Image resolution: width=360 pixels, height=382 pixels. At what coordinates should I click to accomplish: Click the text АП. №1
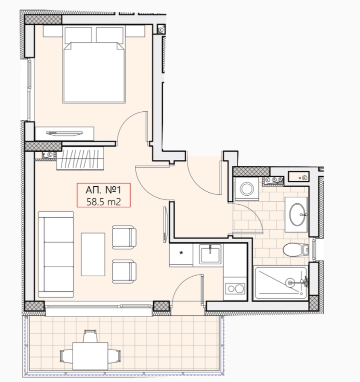[103, 190]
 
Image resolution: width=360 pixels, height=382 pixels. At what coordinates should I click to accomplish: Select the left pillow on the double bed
[78, 34]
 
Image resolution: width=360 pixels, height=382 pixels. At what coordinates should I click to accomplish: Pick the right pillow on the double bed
[109, 34]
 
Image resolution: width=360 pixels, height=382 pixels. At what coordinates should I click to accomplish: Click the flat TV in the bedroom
[64, 133]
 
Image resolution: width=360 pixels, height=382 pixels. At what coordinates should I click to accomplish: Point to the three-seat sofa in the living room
[56, 254]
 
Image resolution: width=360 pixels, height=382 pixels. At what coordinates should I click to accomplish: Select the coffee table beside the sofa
[93, 255]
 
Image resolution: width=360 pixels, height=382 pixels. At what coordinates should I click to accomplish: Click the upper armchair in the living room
[124, 237]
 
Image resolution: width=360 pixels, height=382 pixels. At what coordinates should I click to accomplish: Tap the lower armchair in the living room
[124, 272]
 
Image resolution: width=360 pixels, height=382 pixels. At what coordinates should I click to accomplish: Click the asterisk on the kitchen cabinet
[181, 253]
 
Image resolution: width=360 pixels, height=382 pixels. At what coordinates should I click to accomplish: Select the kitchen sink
[210, 254]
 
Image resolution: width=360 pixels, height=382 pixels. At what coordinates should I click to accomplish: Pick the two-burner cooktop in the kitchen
[234, 289]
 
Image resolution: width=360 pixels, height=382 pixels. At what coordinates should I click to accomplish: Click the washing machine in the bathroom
[247, 188]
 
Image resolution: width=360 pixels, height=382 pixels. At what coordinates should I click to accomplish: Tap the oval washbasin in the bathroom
[299, 214]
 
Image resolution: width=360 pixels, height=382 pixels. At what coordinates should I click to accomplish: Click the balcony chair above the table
[90, 336]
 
